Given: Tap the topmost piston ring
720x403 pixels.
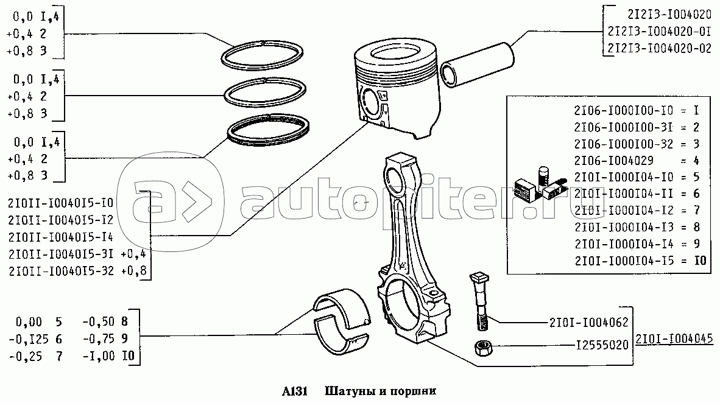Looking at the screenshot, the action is coord(262,55).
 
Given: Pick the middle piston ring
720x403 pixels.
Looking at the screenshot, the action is coord(266,93).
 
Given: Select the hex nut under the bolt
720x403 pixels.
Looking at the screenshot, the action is coord(482,347).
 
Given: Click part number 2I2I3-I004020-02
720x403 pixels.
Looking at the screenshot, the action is coord(659,47).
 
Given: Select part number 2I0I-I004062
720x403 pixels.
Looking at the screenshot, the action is coord(588,323).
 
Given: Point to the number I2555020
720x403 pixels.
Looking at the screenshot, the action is coord(602,344).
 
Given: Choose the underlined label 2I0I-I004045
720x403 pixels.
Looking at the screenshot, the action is coord(674,338).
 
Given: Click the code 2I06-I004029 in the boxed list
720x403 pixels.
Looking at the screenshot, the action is coord(613,161).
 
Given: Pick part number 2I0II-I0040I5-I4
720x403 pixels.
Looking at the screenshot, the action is coord(61,237).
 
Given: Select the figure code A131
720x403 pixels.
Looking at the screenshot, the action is coord(294,391).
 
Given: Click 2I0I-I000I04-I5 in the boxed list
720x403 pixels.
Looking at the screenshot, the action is coord(624,261).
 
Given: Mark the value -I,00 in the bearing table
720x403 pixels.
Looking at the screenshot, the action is coord(99,356).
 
